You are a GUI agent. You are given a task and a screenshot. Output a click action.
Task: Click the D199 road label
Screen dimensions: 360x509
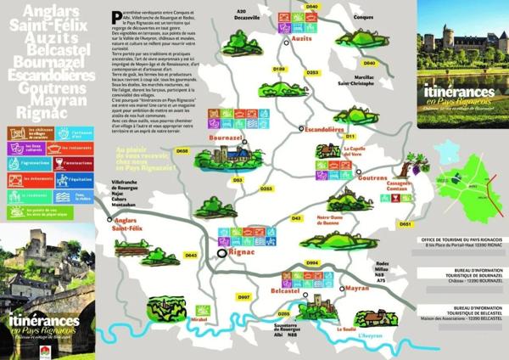278,67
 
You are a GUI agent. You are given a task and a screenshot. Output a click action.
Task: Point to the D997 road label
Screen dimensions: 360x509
243,296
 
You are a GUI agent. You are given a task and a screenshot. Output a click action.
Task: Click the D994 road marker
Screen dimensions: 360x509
311,262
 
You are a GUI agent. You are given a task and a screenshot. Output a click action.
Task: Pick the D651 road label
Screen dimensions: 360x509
405,223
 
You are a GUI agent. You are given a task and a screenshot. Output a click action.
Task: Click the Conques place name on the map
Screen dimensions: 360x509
364,17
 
